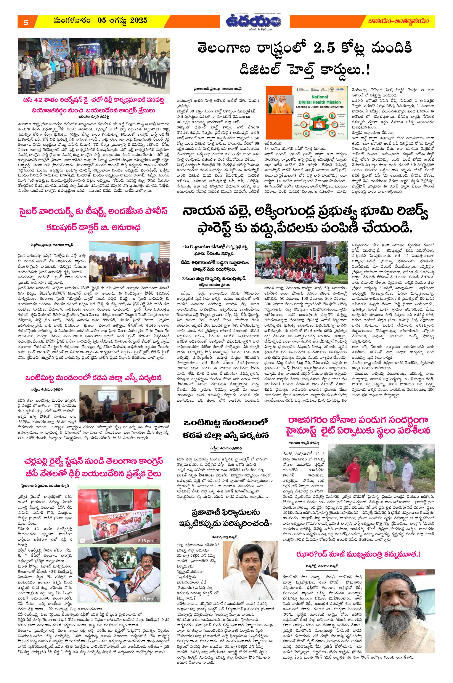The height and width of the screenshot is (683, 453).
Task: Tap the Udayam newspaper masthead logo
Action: pyautogui.click(x=254, y=21)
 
